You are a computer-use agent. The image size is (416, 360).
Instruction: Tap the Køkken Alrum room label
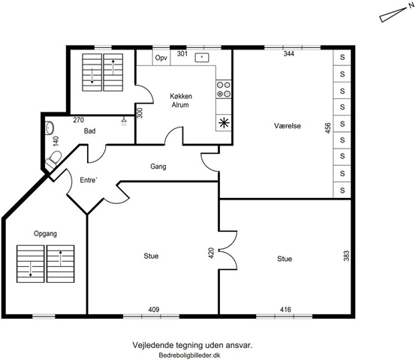click(x=181, y=100)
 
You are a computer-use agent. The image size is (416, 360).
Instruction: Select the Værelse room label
click(x=288, y=125)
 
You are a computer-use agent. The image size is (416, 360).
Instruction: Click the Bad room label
click(x=89, y=130)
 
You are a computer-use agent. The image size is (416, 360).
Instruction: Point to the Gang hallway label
click(x=158, y=166)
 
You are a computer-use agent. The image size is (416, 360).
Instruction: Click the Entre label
click(x=89, y=180)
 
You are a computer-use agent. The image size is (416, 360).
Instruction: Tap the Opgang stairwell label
click(x=45, y=234)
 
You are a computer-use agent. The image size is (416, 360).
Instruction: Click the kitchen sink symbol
click(x=202, y=57)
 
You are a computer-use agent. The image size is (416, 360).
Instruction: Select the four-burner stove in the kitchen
click(x=224, y=89)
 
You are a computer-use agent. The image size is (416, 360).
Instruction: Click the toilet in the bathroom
click(x=53, y=160)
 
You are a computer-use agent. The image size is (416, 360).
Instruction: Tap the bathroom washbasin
click(x=50, y=128)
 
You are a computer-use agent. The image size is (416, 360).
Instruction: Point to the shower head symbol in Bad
click(x=124, y=121)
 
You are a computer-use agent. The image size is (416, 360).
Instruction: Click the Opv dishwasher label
click(x=161, y=58)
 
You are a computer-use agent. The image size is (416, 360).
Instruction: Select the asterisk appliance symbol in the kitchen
click(x=224, y=123)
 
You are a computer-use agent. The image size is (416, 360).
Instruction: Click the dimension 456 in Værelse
click(x=328, y=128)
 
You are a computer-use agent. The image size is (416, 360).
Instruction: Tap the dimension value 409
click(x=154, y=310)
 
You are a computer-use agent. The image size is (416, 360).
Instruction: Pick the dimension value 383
click(x=346, y=256)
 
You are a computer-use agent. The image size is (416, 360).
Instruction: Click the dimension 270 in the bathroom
click(x=79, y=120)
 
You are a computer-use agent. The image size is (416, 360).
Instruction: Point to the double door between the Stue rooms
click(x=228, y=250)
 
